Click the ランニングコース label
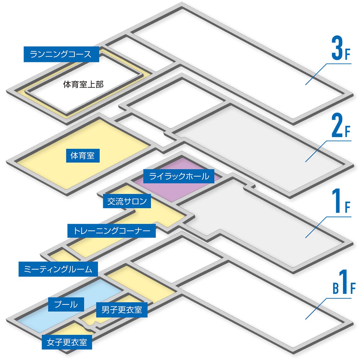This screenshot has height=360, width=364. [61, 54]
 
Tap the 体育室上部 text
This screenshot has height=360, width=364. [83, 85]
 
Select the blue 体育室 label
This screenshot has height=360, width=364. [83, 156]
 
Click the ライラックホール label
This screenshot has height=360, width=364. [179, 176]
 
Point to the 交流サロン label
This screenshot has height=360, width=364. [127, 201]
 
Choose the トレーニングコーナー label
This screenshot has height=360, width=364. [111, 231]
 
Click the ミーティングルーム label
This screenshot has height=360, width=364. [58, 269]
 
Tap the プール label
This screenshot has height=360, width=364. [66, 304]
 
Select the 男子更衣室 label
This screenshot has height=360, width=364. [122, 310]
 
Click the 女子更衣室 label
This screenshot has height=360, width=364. [67, 342]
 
